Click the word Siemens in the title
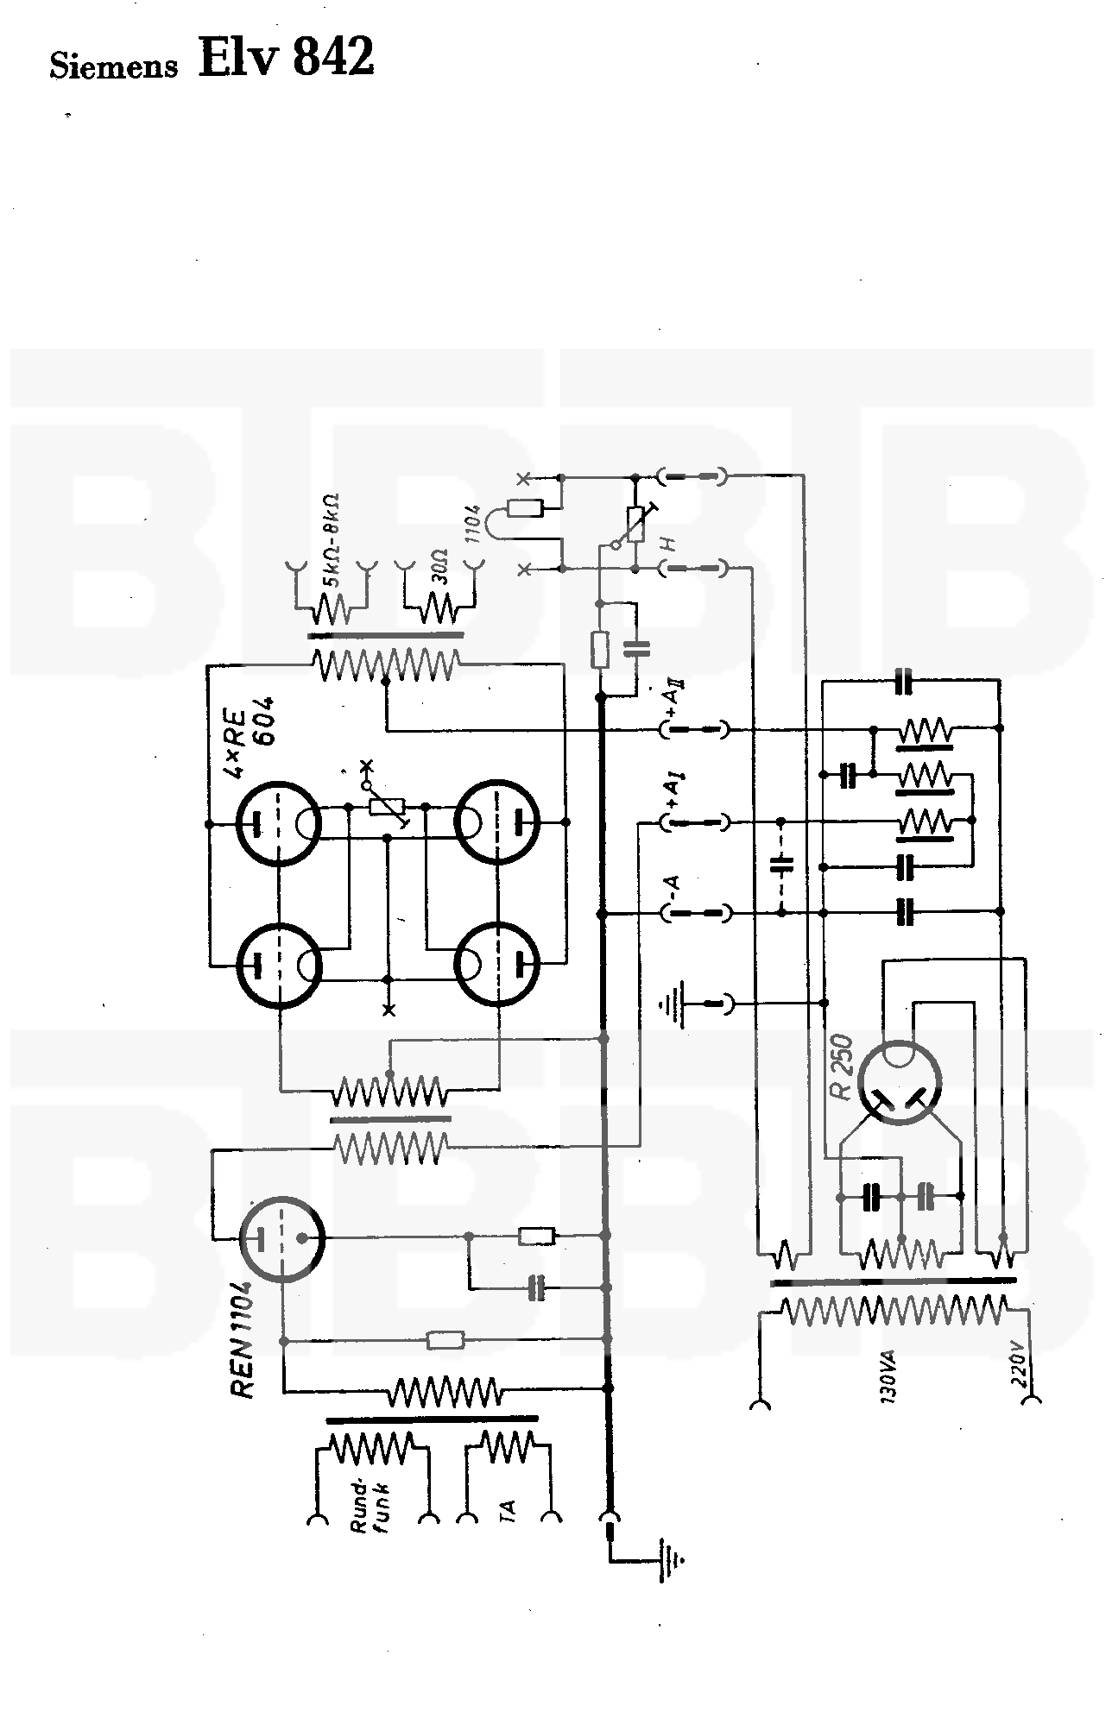113,66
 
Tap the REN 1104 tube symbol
281,1239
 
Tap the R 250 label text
843,1067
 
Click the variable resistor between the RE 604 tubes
386,806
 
